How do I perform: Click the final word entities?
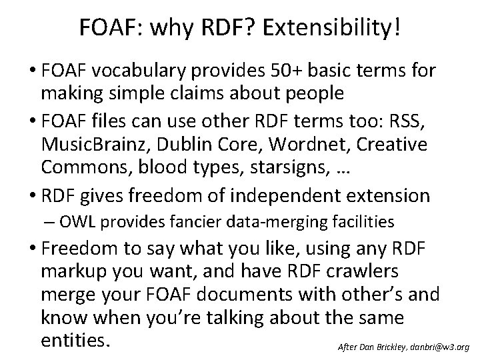73,341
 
